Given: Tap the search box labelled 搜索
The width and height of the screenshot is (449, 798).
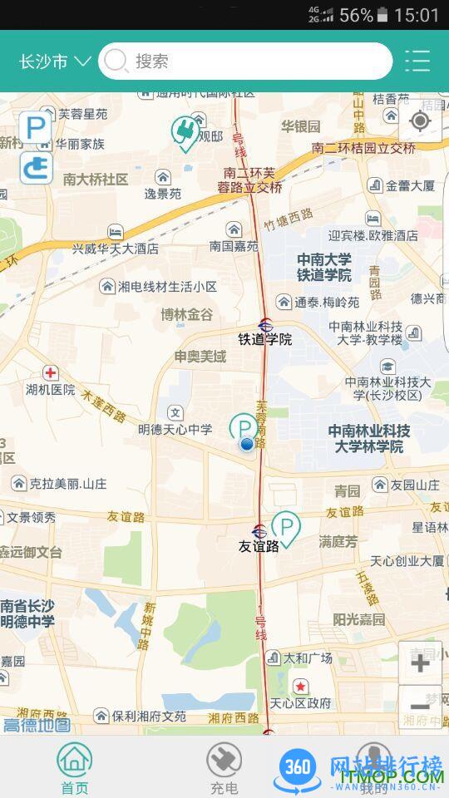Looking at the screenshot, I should pyautogui.click(x=245, y=61).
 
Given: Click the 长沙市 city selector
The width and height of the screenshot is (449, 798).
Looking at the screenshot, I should pyautogui.click(x=54, y=62).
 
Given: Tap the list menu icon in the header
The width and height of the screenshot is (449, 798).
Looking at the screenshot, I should pyautogui.click(x=417, y=61).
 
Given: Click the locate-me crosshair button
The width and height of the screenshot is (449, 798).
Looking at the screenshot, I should pyautogui.click(x=420, y=122).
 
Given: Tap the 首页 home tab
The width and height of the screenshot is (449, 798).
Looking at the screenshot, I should pyautogui.click(x=74, y=767).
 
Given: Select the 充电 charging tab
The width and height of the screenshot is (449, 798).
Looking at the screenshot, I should pyautogui.click(x=224, y=767).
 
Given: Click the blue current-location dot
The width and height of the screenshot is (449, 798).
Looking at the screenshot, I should pyautogui.click(x=246, y=445).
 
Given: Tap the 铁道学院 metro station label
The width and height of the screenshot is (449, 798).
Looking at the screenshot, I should pyautogui.click(x=265, y=338).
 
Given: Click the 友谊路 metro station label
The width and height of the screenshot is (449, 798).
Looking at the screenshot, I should pyautogui.click(x=259, y=546).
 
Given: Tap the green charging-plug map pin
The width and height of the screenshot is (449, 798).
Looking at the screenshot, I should pyautogui.click(x=185, y=133).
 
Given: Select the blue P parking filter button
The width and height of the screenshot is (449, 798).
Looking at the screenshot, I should pyautogui.click(x=36, y=128).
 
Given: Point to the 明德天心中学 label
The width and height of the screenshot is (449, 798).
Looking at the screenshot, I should pyautogui.click(x=175, y=429).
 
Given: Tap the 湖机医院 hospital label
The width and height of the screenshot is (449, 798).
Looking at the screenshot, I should pyautogui.click(x=50, y=389).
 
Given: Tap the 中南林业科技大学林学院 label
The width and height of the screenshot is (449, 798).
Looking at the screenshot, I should pyautogui.click(x=369, y=438).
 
